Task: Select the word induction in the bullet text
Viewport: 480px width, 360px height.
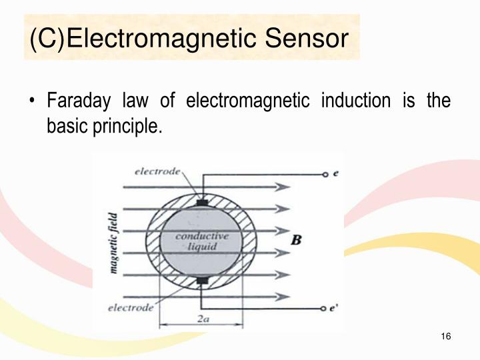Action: [355, 101]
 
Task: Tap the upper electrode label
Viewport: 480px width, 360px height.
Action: [157, 171]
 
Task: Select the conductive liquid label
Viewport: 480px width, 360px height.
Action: [201, 241]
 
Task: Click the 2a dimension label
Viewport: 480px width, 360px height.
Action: [202, 319]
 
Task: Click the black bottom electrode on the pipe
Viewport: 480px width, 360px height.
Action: [202, 281]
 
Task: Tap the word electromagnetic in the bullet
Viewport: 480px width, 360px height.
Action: [247, 101]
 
